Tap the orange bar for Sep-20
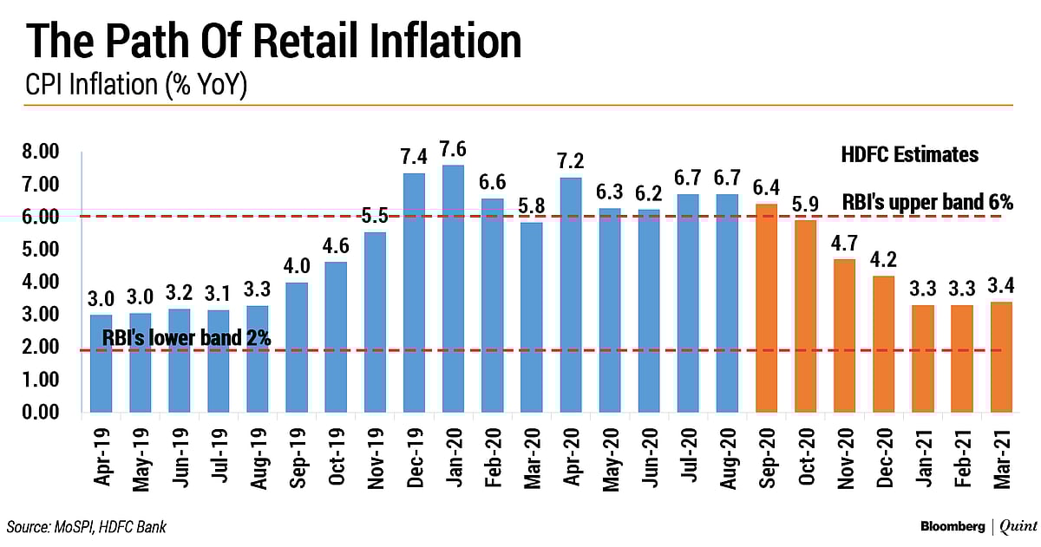click(x=767, y=308)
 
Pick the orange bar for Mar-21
click(x=999, y=357)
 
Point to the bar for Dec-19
click(x=415, y=292)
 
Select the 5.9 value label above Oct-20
click(x=806, y=205)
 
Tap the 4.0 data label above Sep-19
click(x=298, y=266)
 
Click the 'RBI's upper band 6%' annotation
click(x=927, y=202)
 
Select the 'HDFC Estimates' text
click(x=909, y=155)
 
